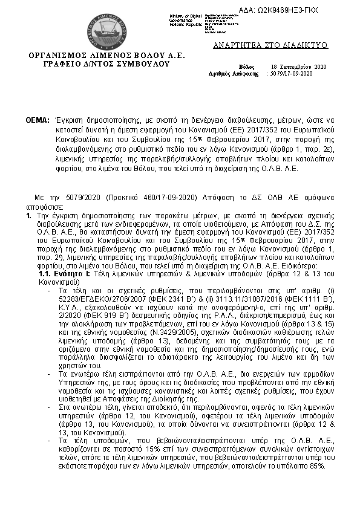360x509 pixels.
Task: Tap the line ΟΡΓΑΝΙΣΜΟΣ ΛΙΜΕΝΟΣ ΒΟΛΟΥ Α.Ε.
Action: [108, 56]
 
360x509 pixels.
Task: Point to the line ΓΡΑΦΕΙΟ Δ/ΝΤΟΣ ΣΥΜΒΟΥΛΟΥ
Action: [108, 63]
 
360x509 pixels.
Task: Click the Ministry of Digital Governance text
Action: [185, 19]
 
